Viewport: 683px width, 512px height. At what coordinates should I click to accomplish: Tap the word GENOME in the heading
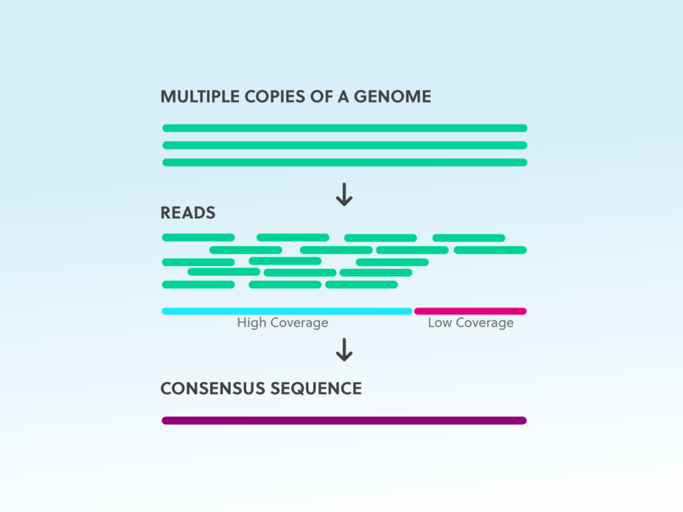pyautogui.click(x=392, y=97)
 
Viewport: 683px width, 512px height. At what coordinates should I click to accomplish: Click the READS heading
pyautogui.click(x=187, y=213)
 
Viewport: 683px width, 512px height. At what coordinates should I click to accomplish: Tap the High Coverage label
pyautogui.click(x=283, y=323)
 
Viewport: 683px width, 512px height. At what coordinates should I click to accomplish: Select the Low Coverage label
pyautogui.click(x=470, y=323)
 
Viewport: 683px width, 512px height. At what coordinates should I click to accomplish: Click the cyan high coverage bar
pyautogui.click(x=287, y=311)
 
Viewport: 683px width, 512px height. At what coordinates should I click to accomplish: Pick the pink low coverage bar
pyautogui.click(x=470, y=311)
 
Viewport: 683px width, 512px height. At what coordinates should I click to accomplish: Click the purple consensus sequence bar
pyautogui.click(x=344, y=421)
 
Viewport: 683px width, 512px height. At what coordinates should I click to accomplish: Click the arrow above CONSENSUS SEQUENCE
pyautogui.click(x=344, y=349)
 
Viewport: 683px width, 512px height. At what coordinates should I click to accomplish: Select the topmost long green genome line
pyautogui.click(x=345, y=128)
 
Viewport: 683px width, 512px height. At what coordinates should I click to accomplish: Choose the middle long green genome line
pyautogui.click(x=345, y=145)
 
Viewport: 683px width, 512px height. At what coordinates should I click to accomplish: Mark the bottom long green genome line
pyautogui.click(x=345, y=163)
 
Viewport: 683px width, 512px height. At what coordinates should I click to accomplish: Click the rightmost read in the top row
pyautogui.click(x=469, y=238)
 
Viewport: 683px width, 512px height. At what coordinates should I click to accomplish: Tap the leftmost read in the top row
pyautogui.click(x=198, y=238)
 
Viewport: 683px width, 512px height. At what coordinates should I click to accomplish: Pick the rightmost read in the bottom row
pyautogui.click(x=362, y=285)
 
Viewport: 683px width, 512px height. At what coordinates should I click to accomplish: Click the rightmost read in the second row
pyautogui.click(x=490, y=251)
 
